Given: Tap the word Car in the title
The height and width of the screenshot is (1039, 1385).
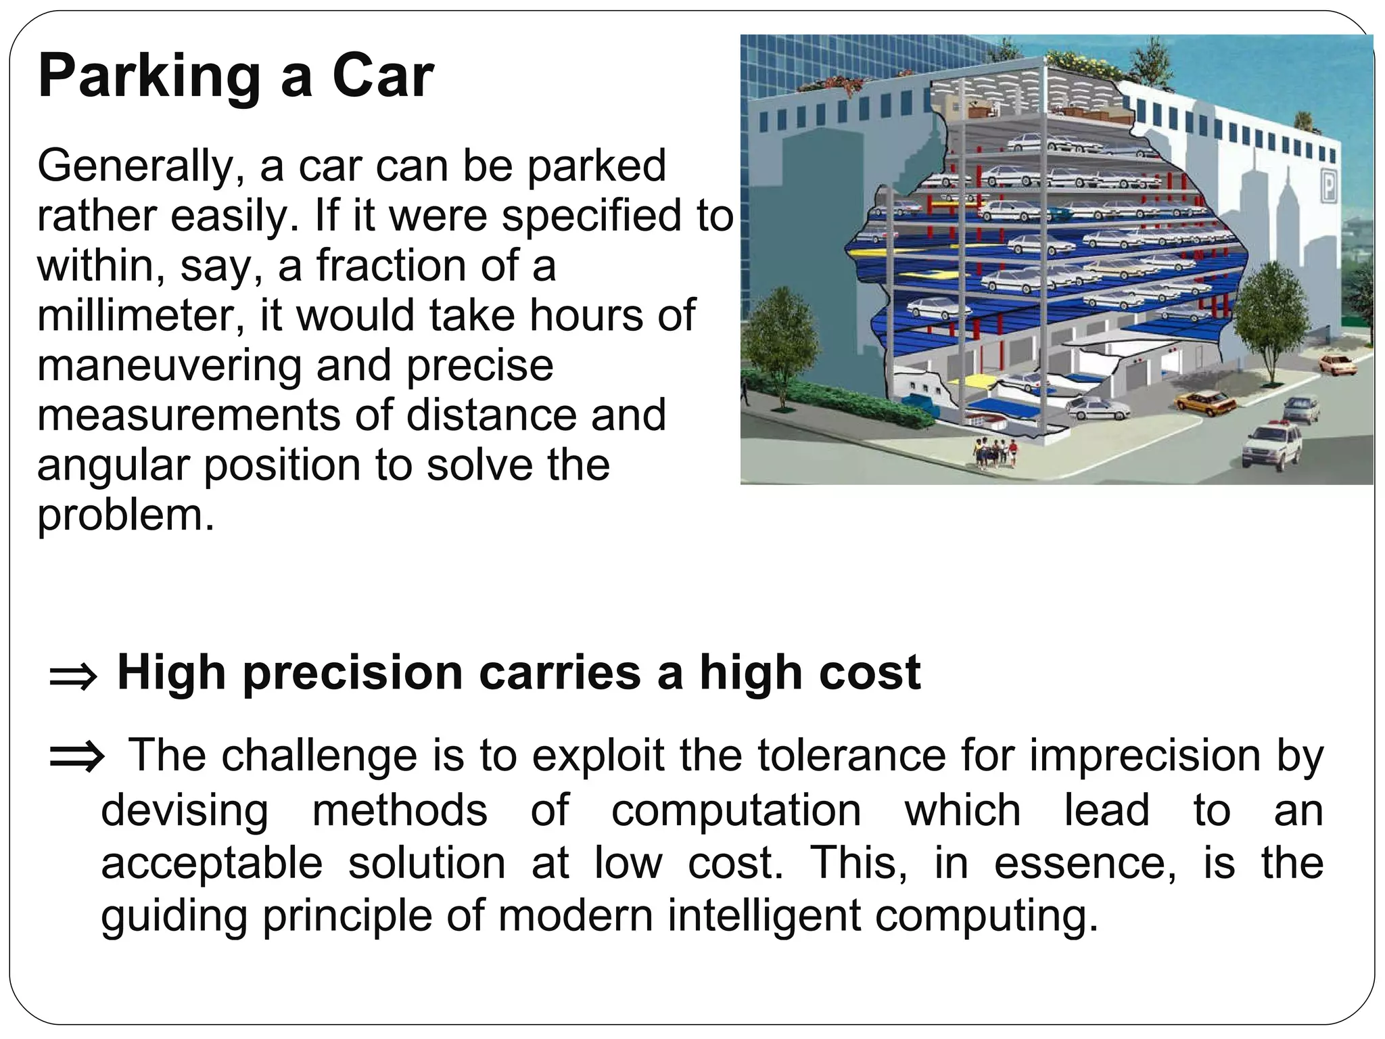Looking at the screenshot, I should click(383, 76).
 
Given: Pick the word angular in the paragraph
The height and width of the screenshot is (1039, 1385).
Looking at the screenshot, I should click(114, 466).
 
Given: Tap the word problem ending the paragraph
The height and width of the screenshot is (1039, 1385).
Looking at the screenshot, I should click(125, 516).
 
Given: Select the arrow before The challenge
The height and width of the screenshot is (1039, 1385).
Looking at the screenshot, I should click(76, 758).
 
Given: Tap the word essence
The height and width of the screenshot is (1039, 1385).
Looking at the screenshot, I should click(1085, 864).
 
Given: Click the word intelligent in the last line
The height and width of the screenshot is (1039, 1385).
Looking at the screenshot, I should click(764, 916).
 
